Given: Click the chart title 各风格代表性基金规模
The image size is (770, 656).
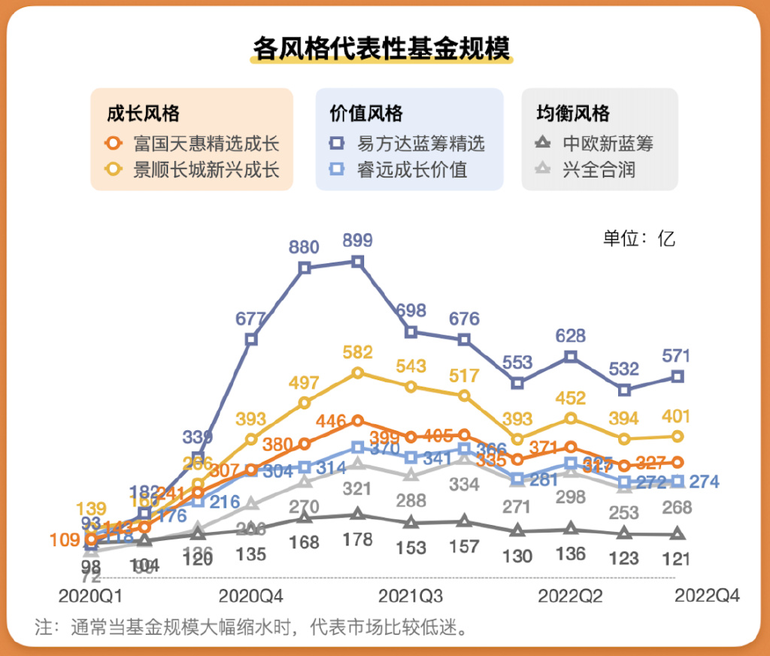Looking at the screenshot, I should pyautogui.click(x=382, y=48).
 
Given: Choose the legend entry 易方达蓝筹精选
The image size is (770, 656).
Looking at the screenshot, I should pyautogui.click(x=411, y=143).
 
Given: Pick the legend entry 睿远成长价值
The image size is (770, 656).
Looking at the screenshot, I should pyautogui.click(x=402, y=169).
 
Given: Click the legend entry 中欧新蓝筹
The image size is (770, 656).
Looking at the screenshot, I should pyautogui.click(x=598, y=143).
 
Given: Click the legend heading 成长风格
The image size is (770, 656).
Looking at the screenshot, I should pyautogui.click(x=143, y=114).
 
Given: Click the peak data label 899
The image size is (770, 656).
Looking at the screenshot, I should pyautogui.click(x=357, y=241).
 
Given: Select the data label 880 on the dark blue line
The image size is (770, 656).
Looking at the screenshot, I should pyautogui.click(x=304, y=247).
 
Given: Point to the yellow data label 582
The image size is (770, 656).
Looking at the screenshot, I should pyautogui.click(x=357, y=352).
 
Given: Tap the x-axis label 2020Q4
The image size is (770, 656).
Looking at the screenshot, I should pyautogui.click(x=250, y=597).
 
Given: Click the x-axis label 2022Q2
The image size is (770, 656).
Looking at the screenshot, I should pyautogui.click(x=570, y=597).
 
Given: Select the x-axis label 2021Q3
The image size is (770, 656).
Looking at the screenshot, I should pyautogui.click(x=411, y=597).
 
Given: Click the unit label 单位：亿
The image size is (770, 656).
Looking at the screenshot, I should pyautogui.click(x=639, y=238).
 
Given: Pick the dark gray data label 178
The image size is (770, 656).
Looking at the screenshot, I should pyautogui.click(x=357, y=539).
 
